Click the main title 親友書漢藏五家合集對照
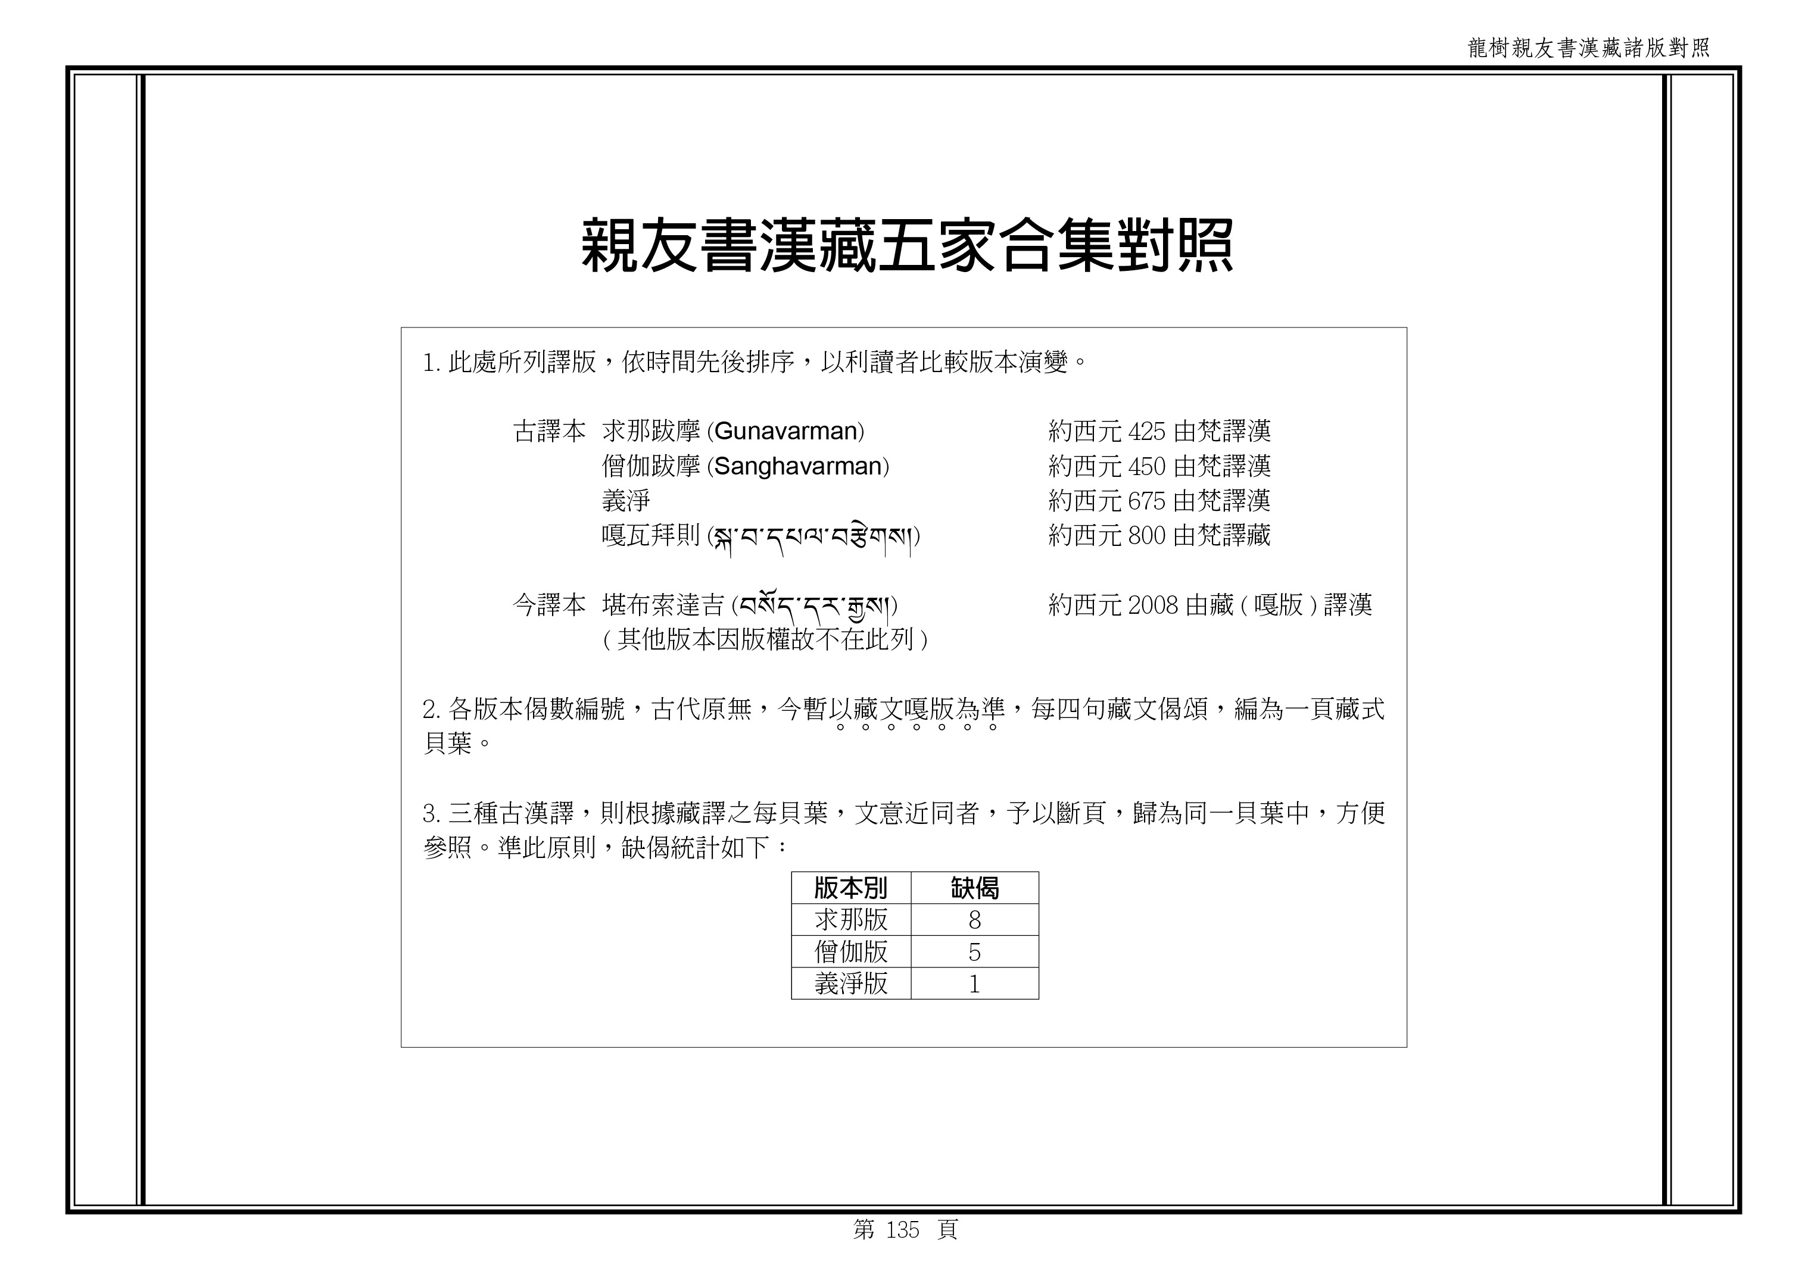coord(907,246)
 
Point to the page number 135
coord(903,1229)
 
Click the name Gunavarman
coord(785,431)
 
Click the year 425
coord(1146,431)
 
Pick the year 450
coord(1146,467)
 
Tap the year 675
coord(1146,501)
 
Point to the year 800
coord(1146,536)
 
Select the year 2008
coord(1153,605)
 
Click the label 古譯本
coord(550,431)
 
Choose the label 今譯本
coord(550,605)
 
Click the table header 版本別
coord(851,888)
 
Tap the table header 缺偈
coord(975,888)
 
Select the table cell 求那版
coord(851,920)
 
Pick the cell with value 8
coord(975,920)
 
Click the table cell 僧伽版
coord(851,952)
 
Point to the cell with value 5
coord(975,952)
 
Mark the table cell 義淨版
coord(851,984)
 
